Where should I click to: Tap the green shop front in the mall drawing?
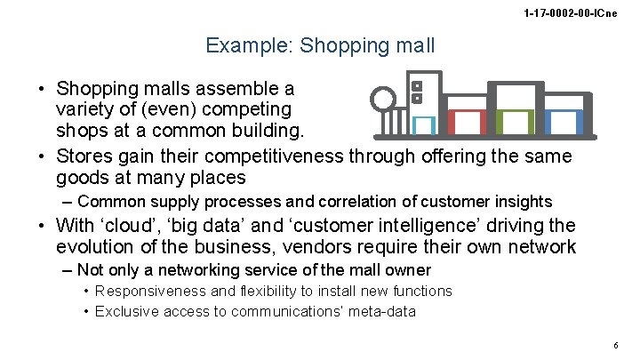point(513,124)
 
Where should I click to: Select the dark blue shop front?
point(562,124)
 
